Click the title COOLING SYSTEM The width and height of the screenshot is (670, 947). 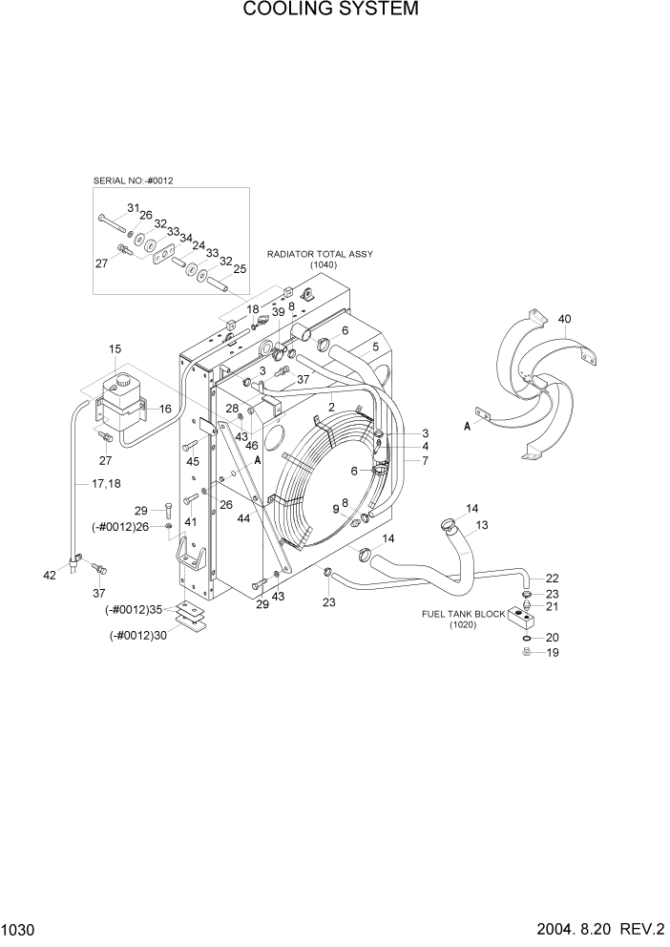(x=330, y=11)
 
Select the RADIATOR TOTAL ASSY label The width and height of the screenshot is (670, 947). (x=321, y=255)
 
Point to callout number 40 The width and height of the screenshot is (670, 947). (x=564, y=318)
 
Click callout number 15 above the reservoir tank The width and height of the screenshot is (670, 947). (x=115, y=350)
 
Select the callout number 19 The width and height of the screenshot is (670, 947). (x=552, y=653)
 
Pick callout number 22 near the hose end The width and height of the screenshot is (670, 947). (x=552, y=579)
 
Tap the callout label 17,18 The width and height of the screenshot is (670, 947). (x=107, y=484)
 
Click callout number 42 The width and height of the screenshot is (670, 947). (x=50, y=575)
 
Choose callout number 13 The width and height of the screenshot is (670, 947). (x=482, y=525)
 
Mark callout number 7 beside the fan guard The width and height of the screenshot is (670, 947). (x=411, y=461)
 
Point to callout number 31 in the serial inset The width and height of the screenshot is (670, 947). (x=133, y=208)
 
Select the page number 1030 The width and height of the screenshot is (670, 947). (x=18, y=929)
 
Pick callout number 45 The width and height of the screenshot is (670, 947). (x=193, y=462)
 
